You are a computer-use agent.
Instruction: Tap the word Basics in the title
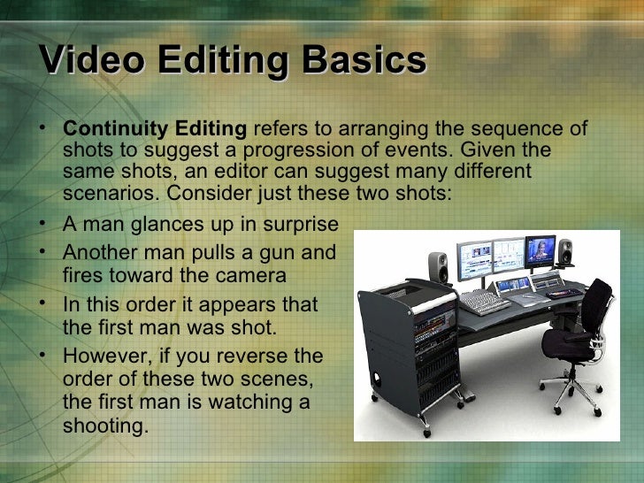pyautogui.click(x=364, y=62)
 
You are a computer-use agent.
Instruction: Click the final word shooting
pyautogui.click(x=104, y=425)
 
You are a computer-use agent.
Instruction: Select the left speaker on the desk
pyautogui.click(x=438, y=264)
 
